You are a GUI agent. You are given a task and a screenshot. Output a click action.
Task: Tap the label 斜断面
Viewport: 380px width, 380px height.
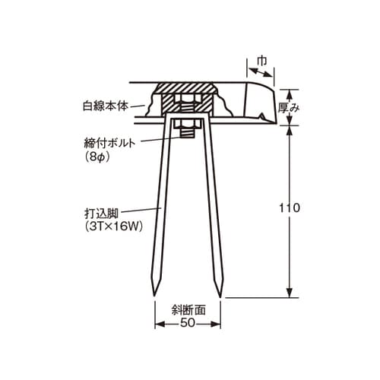click(x=188, y=310)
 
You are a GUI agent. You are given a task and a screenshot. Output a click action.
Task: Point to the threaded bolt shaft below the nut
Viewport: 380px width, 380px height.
click(x=188, y=135)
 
